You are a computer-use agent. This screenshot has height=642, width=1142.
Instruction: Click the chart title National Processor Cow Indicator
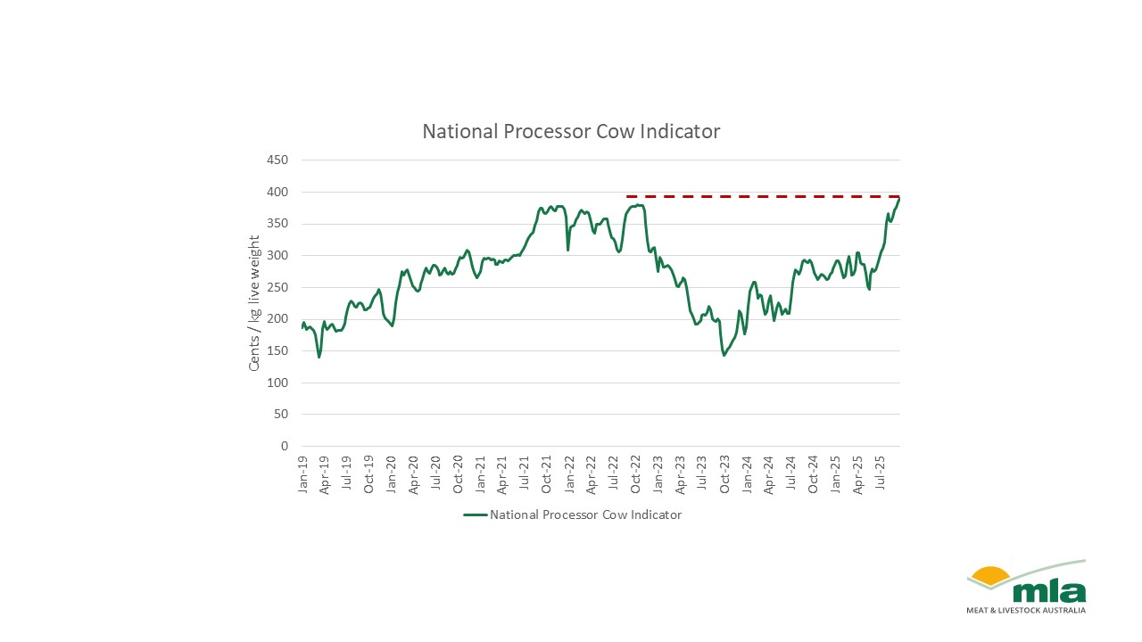point(571,131)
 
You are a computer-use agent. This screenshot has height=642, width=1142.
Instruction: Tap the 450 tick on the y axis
point(278,160)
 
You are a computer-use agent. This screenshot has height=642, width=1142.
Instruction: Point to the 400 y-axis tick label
point(278,192)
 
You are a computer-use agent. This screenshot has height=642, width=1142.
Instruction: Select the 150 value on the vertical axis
point(278,350)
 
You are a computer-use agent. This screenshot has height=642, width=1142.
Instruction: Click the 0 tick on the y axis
point(285,446)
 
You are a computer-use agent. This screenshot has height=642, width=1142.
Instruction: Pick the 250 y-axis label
point(278,287)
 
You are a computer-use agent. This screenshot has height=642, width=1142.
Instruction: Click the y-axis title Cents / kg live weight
point(255,303)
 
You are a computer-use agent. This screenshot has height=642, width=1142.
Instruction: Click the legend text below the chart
point(585,514)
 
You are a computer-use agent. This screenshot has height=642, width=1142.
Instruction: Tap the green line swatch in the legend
point(475,514)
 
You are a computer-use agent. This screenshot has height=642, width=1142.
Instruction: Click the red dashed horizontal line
point(758,196)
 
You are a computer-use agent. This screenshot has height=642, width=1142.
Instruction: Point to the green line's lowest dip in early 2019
point(319,357)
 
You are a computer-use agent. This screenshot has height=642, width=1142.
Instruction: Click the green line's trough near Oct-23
point(724,355)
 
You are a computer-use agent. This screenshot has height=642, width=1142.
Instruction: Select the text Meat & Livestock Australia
point(1026,611)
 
